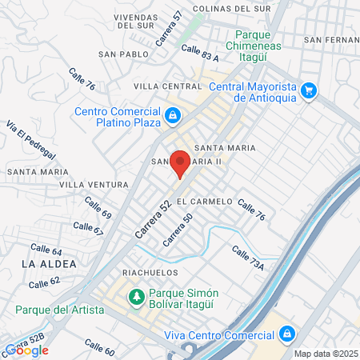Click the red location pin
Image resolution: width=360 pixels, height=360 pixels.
click(x=180, y=162)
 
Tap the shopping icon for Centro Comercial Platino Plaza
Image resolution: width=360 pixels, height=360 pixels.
click(x=172, y=117)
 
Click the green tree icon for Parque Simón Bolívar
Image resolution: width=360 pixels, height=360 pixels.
click(x=137, y=298)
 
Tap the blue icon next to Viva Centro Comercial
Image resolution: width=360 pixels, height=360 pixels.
click(x=286, y=334)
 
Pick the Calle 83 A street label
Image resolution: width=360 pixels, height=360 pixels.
click(x=200, y=53)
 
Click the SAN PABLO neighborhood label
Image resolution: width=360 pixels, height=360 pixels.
click(x=123, y=54)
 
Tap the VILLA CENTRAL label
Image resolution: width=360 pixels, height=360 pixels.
click(x=167, y=85)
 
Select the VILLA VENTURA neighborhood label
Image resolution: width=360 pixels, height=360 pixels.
click(x=94, y=185)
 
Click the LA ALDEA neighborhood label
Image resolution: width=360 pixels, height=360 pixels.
click(x=49, y=263)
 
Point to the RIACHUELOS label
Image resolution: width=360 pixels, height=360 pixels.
click(x=150, y=273)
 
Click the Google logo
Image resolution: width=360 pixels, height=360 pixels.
click(x=26, y=350)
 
